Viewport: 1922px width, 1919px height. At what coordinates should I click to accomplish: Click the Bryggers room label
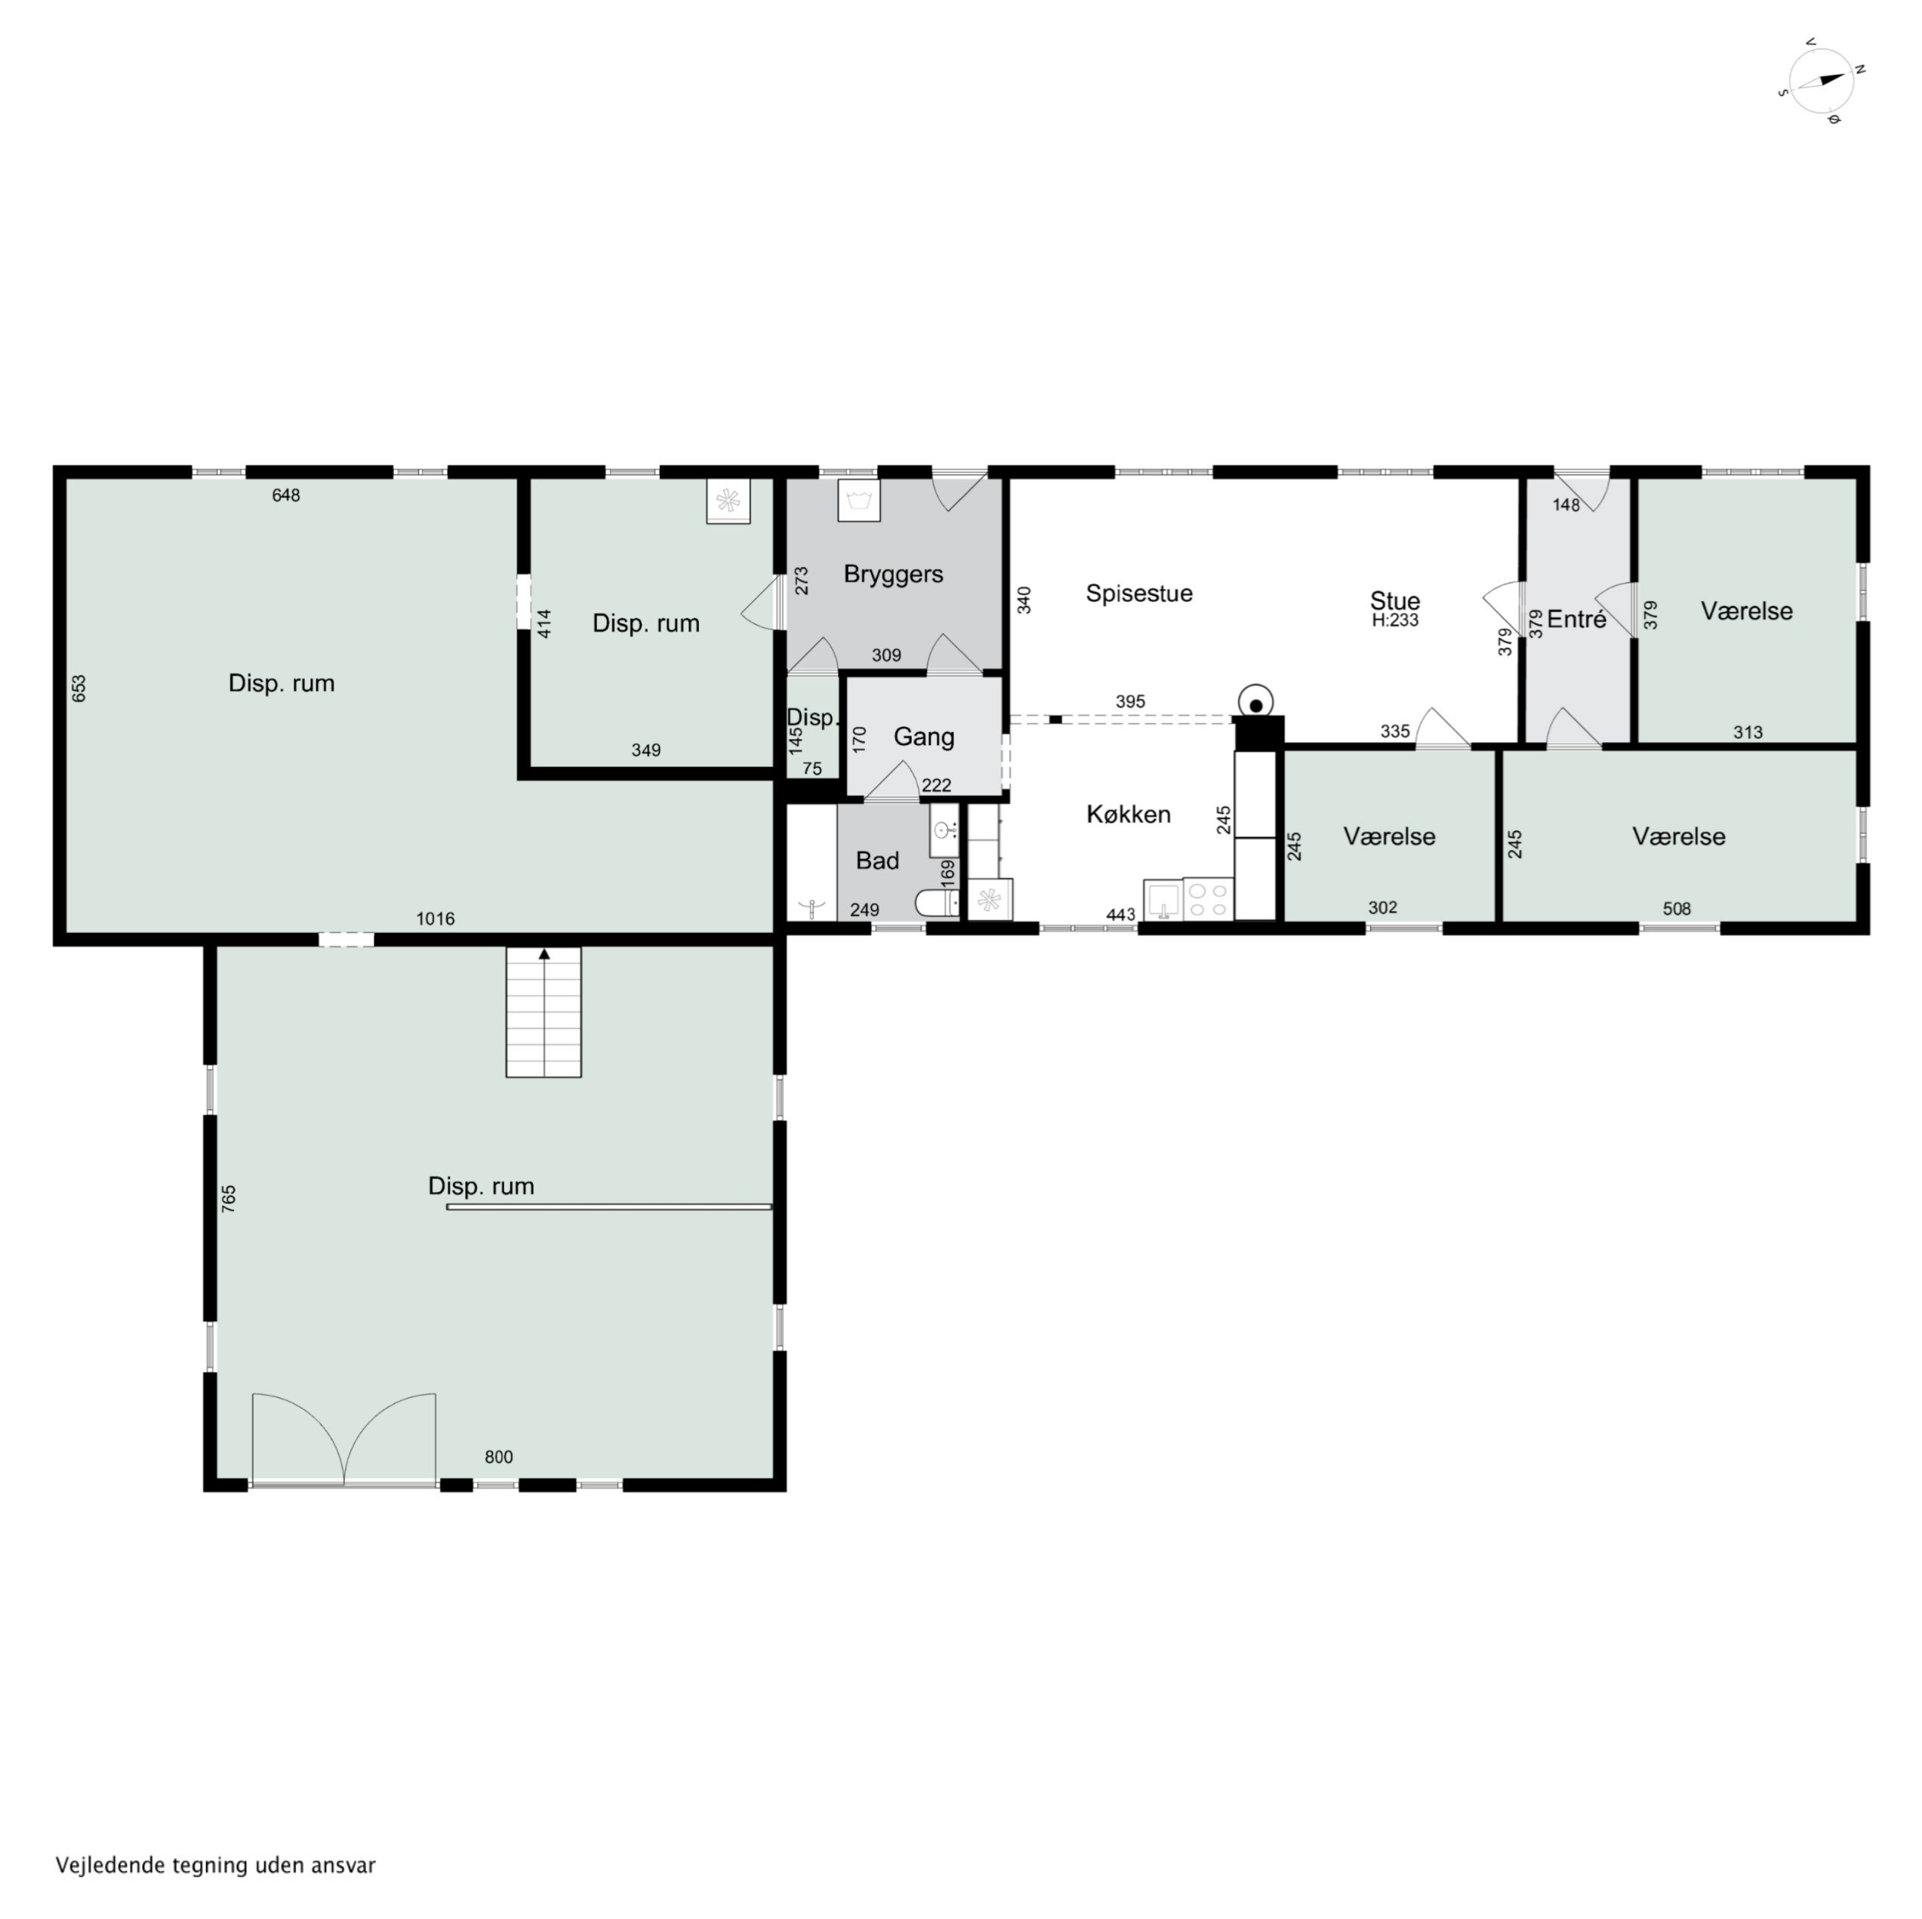coord(892,574)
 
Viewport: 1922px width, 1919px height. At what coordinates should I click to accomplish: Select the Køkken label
coord(1127,815)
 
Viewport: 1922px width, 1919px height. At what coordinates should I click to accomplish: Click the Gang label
coord(923,737)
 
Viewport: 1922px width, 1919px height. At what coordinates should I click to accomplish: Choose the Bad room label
coord(876,861)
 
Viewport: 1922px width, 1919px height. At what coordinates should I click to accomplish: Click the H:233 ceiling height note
coord(1394,621)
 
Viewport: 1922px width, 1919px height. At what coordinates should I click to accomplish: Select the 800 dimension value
coord(498,1456)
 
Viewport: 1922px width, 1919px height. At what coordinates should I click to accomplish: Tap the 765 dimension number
coord(229,1197)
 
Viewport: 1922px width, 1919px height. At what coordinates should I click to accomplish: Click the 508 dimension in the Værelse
coord(1677,908)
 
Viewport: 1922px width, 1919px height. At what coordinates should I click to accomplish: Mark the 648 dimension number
coord(285,495)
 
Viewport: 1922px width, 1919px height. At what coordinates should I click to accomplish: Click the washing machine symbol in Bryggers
coord(858,501)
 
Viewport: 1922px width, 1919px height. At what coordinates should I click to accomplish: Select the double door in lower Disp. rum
coord(343,1440)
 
